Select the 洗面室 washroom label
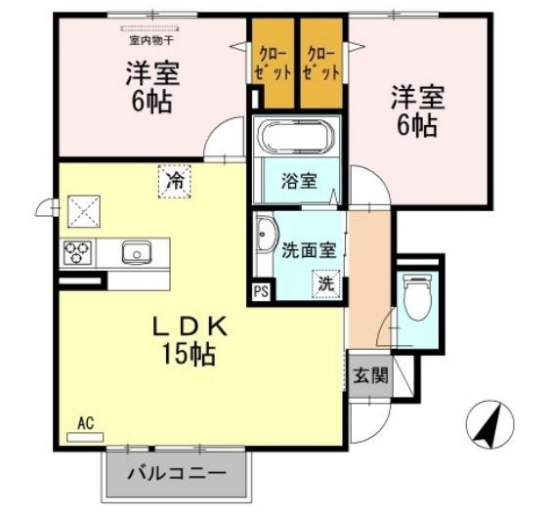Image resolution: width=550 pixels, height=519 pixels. point(309,249)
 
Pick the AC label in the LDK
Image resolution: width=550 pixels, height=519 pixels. point(85,423)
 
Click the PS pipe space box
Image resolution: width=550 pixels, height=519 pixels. point(260,290)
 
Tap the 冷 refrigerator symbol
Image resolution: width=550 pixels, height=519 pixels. point(176,181)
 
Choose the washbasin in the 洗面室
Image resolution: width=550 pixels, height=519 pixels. point(264,240)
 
